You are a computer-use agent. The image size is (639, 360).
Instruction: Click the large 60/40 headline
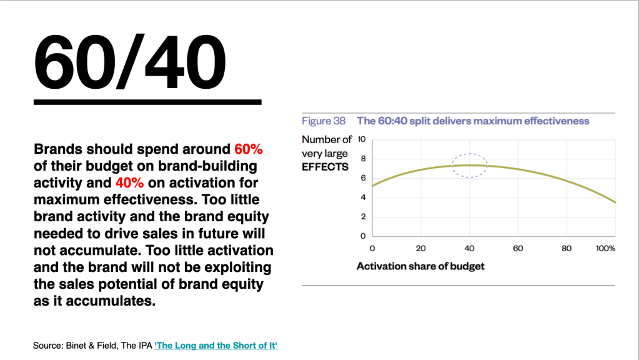(x=129, y=61)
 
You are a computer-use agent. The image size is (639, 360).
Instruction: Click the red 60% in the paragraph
(x=249, y=149)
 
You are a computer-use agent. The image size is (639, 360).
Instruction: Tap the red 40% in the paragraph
(x=129, y=182)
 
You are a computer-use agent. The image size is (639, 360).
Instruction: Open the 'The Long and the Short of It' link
(x=215, y=346)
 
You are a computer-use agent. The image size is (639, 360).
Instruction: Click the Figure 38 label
(x=324, y=121)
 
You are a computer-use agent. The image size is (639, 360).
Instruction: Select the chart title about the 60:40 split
(x=473, y=121)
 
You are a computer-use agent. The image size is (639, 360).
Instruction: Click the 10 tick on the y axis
(x=362, y=139)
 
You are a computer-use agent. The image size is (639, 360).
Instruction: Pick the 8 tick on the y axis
(x=363, y=159)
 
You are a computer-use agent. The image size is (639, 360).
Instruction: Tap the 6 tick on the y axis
(x=363, y=177)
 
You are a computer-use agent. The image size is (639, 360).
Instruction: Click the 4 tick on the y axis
(x=363, y=197)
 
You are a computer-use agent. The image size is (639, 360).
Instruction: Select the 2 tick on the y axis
(x=363, y=216)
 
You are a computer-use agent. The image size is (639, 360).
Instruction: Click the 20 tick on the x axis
(x=420, y=248)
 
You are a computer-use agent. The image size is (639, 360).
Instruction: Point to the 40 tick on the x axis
(x=470, y=248)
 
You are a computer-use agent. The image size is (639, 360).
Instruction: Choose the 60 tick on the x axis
(x=518, y=248)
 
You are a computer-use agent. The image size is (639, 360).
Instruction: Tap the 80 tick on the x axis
(x=567, y=248)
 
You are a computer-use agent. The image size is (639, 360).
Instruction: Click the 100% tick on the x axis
(x=606, y=248)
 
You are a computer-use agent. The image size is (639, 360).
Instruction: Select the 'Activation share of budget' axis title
(x=420, y=266)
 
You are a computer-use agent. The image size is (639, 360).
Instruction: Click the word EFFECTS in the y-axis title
(x=325, y=167)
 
